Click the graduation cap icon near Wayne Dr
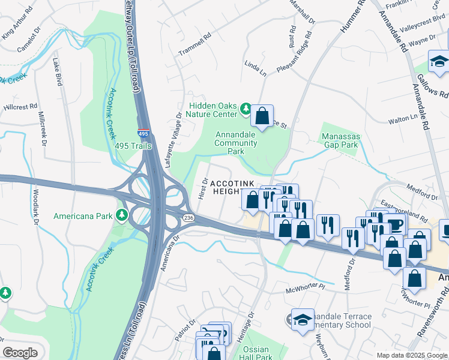tap(439, 62)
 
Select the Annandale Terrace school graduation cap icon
tap(303, 319)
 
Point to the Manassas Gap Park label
tap(340, 140)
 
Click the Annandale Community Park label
tap(236, 143)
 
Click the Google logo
tap(20, 352)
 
